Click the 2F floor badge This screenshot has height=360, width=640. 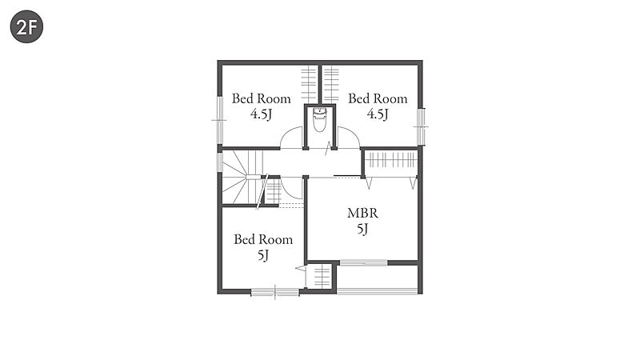click(x=26, y=26)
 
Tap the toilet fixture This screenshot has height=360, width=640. click(x=319, y=118)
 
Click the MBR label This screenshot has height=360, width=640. click(x=362, y=213)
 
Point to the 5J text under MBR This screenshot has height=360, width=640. click(x=362, y=229)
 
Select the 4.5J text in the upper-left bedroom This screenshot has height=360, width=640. click(x=262, y=114)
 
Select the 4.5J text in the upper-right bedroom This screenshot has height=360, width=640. click(x=378, y=114)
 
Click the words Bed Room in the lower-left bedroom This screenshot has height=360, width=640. click(x=263, y=239)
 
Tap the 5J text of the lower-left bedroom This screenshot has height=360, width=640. click(x=263, y=255)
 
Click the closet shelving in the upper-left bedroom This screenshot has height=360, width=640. click(x=309, y=85)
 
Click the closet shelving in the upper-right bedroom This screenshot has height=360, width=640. click(x=331, y=85)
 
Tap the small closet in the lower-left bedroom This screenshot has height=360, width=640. click(x=322, y=277)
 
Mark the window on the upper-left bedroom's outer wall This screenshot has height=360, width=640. click(x=220, y=120)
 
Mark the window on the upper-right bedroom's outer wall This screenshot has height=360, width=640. click(x=421, y=126)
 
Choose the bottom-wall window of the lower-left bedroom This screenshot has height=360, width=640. click(x=275, y=292)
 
